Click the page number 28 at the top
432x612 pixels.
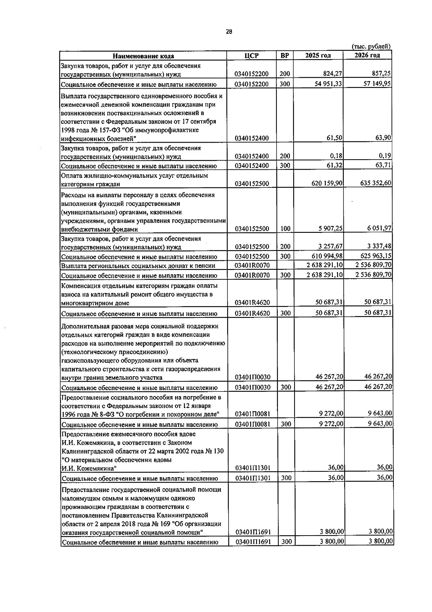click(229, 32)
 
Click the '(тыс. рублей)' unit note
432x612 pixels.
click(371, 46)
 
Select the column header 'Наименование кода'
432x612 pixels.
click(143, 56)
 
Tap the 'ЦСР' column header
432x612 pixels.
click(251, 56)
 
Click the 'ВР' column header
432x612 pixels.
click(284, 56)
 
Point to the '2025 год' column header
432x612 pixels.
click(318, 56)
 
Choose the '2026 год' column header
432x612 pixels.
click(367, 55)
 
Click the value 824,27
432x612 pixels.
click(333, 74)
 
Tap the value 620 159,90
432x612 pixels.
click(327, 183)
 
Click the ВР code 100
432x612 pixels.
click(285, 229)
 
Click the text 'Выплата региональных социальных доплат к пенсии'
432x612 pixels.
click(138, 266)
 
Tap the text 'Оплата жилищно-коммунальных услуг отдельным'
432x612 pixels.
click(135, 176)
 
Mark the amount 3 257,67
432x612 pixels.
click(330, 247)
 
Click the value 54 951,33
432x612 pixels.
click(328, 84)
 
